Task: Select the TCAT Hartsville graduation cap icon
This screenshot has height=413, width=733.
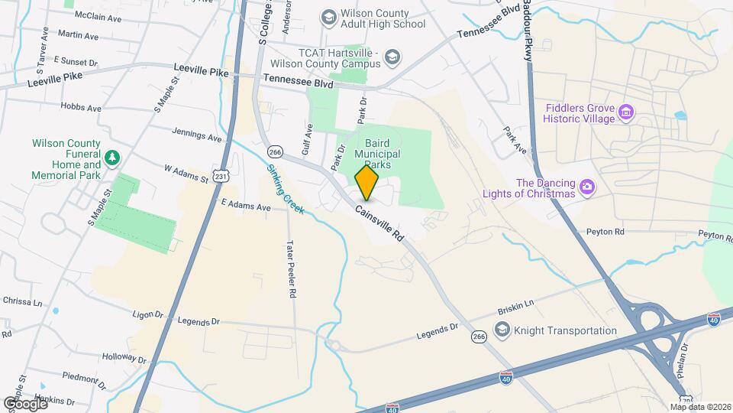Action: pyautogui.click(x=392, y=56)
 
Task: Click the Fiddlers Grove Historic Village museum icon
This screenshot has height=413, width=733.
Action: pyautogui.click(x=626, y=113)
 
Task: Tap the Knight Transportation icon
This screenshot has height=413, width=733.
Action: pyautogui.click(x=502, y=330)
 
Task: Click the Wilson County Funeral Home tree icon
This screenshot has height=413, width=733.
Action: pyautogui.click(x=113, y=157)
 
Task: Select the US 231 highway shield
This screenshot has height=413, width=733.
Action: pyautogui.click(x=221, y=177)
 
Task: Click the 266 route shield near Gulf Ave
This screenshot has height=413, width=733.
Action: pyautogui.click(x=276, y=151)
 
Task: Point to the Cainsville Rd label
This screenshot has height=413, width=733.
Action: pyautogui.click(x=379, y=223)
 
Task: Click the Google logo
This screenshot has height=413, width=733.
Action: pyautogui.click(x=24, y=403)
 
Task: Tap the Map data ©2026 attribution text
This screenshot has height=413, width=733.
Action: pyautogui.click(x=700, y=407)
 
